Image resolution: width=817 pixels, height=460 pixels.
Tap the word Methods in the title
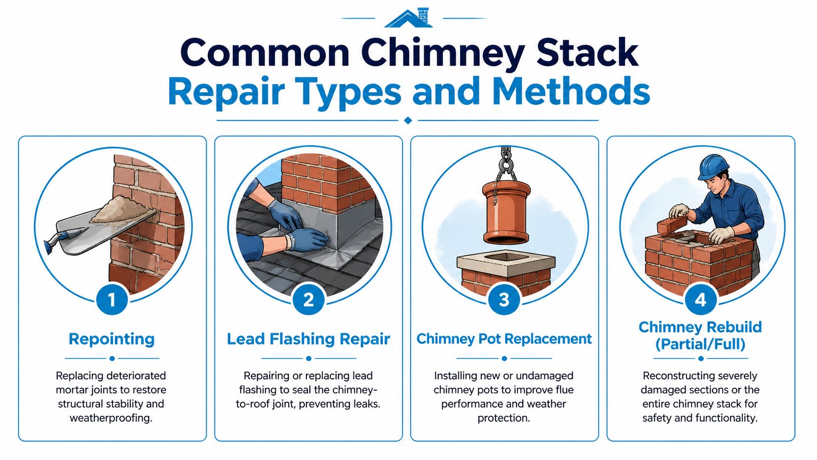[x=571, y=91]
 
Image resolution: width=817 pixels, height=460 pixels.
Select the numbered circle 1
[x=112, y=300]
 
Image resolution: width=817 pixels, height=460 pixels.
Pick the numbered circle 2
[x=308, y=300]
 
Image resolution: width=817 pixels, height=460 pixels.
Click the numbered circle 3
[x=504, y=300]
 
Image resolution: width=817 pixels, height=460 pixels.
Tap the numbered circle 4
[x=700, y=300]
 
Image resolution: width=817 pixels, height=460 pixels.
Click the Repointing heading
[x=112, y=339]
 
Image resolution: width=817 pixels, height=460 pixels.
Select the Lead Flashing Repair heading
[x=308, y=339]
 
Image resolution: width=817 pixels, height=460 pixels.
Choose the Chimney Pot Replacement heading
[x=504, y=339]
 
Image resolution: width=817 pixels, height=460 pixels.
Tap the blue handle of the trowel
[x=55, y=241]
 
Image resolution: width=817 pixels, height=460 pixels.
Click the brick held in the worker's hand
[x=671, y=225]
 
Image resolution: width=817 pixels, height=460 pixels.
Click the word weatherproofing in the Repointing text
[x=111, y=418]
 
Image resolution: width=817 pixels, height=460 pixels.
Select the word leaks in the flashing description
[x=365, y=404]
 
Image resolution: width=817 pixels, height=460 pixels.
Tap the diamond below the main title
[x=408, y=120]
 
